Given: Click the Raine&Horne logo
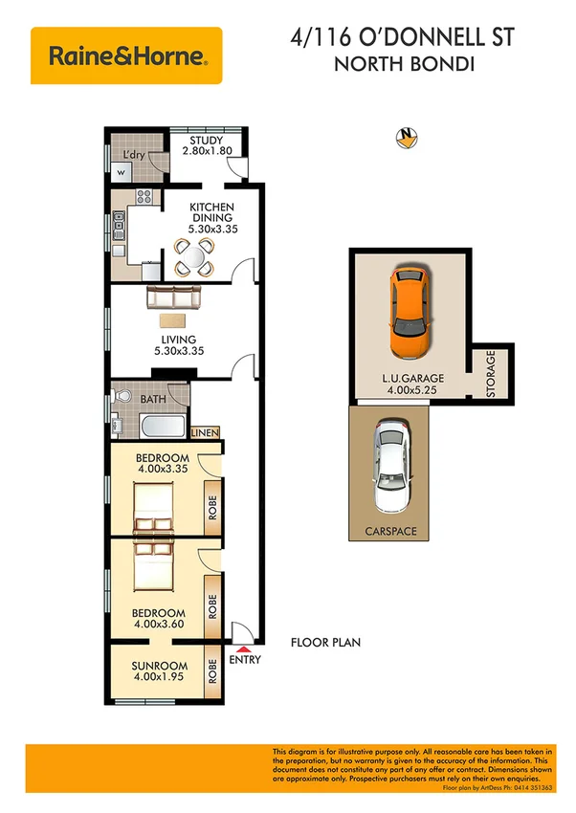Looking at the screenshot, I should coord(126,55).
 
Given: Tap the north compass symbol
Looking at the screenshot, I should coord(409,138).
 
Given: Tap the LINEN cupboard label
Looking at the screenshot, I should coord(206,433).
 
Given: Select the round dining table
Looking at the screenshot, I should coord(194,255).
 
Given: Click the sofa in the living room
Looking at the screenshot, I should coord(173,300).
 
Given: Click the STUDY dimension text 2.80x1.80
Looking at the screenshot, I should coord(207,152).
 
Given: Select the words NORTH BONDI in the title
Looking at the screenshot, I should coord(403,66).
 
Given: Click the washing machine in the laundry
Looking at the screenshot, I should coord(121,171).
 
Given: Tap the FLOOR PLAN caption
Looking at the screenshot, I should coord(325,643).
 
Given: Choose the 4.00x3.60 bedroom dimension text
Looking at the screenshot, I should coord(159,625).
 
